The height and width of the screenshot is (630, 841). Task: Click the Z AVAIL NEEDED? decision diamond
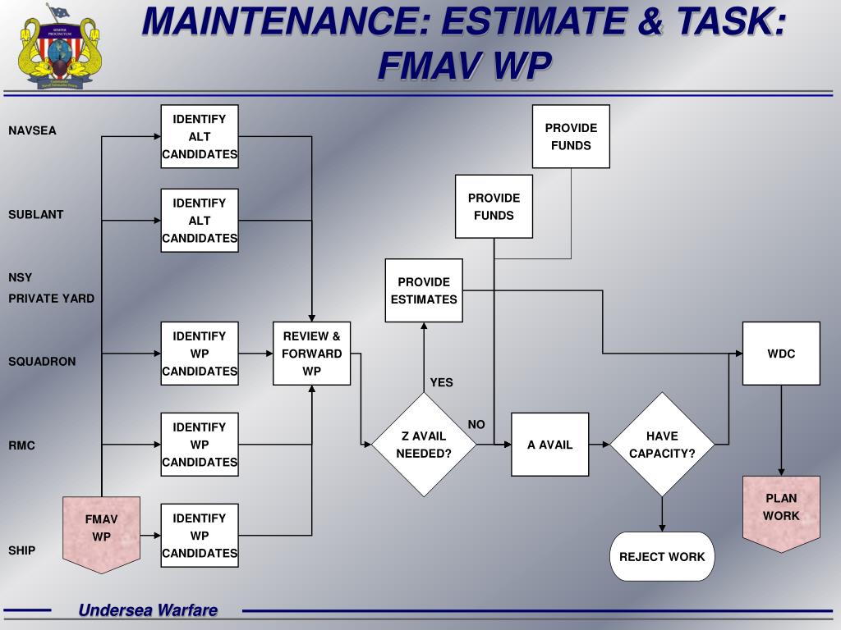click(424, 445)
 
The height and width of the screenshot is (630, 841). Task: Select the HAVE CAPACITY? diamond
click(662, 445)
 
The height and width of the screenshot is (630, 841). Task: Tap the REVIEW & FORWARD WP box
click(311, 354)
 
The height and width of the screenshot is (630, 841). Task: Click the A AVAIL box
click(549, 445)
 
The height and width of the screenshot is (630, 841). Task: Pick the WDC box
click(781, 354)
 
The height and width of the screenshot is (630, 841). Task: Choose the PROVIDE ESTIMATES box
click(424, 290)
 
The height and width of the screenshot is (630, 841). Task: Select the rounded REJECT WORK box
click(662, 556)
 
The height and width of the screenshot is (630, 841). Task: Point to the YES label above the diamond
click(441, 382)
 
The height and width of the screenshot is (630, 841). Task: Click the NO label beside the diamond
click(476, 424)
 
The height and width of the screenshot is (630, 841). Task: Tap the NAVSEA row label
click(33, 130)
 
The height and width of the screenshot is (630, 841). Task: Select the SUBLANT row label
click(36, 214)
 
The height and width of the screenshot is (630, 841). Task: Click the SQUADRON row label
click(42, 361)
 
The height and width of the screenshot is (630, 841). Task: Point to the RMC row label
click(22, 445)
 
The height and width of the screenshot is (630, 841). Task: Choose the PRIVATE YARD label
click(52, 299)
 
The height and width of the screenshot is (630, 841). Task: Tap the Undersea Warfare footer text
click(148, 609)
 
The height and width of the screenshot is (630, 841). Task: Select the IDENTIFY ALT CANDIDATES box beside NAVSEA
click(200, 136)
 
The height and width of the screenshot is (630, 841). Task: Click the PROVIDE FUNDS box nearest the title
click(571, 136)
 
